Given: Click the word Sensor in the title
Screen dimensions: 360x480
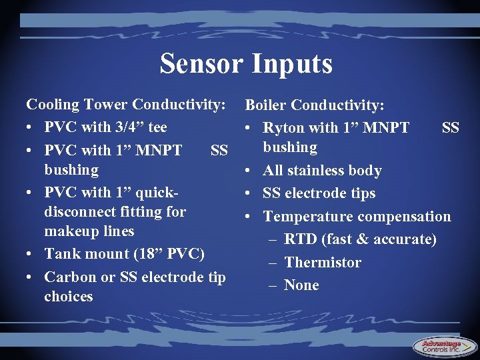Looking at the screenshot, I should point(202,63).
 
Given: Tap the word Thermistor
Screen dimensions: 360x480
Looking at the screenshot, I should point(323,262).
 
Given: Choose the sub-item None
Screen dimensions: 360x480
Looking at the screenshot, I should point(301,285).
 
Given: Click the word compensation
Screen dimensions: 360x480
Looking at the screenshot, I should point(404,216).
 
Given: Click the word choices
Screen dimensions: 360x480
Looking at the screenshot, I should point(69,296).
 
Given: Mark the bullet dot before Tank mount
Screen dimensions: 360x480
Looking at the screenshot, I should point(31,254).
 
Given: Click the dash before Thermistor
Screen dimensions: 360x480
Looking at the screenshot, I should point(272,262).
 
